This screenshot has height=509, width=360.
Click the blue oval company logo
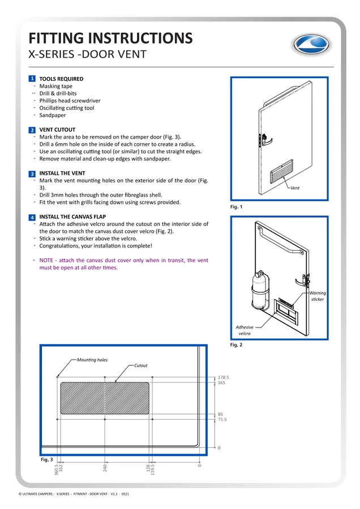(x=311, y=45)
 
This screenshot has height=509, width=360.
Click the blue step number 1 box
(x=32, y=79)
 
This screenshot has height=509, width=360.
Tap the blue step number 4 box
(x=32, y=217)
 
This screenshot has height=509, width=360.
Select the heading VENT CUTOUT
(x=57, y=130)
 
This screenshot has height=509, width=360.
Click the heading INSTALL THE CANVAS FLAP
(x=72, y=217)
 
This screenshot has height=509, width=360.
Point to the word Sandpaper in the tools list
(x=52, y=115)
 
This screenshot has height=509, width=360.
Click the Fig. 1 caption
(x=236, y=207)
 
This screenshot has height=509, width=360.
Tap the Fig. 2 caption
(x=236, y=345)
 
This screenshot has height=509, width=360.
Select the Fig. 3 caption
(x=46, y=459)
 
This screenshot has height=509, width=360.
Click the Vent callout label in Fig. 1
(x=295, y=188)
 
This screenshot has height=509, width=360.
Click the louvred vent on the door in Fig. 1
(x=281, y=171)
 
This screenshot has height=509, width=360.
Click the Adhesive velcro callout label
(x=245, y=330)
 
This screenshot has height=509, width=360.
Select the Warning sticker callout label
(x=318, y=296)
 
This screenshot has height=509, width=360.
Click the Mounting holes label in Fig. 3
(x=92, y=360)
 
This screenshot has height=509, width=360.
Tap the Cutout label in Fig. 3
(x=141, y=365)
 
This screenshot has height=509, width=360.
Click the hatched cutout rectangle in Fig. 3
(x=105, y=398)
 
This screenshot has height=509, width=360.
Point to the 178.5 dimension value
(x=223, y=377)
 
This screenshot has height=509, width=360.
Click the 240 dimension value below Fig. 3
(x=105, y=468)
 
